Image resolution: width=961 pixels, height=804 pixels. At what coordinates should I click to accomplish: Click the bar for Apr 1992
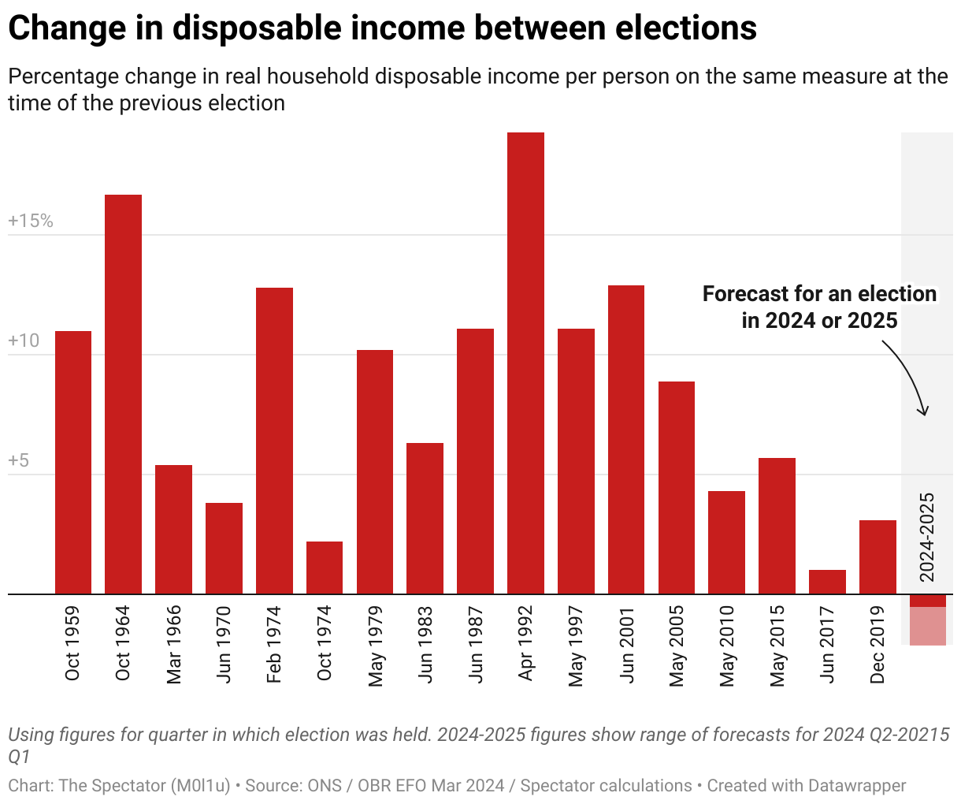pos(525,363)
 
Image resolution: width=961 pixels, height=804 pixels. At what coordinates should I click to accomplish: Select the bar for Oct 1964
pos(123,394)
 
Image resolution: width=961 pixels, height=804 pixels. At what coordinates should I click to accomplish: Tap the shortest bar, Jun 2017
pos(827,582)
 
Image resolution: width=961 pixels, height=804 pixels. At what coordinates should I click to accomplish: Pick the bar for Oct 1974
pos(325,568)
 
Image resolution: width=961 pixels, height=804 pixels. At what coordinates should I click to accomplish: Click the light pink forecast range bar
pos(928,627)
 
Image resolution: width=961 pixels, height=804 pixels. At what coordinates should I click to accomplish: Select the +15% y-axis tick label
pos(31,221)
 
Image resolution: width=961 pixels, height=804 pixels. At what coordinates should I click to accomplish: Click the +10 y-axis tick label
pos(24,341)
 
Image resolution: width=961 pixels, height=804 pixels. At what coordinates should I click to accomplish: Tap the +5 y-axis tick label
pos(19,461)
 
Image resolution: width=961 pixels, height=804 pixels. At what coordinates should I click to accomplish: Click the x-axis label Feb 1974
pos(274,645)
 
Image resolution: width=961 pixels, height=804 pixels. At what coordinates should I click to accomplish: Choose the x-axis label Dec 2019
pos(878,645)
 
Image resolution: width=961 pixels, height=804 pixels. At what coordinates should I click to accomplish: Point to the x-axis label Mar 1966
pos(174,645)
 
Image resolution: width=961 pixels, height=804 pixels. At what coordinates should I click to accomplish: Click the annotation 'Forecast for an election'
pos(819,294)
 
